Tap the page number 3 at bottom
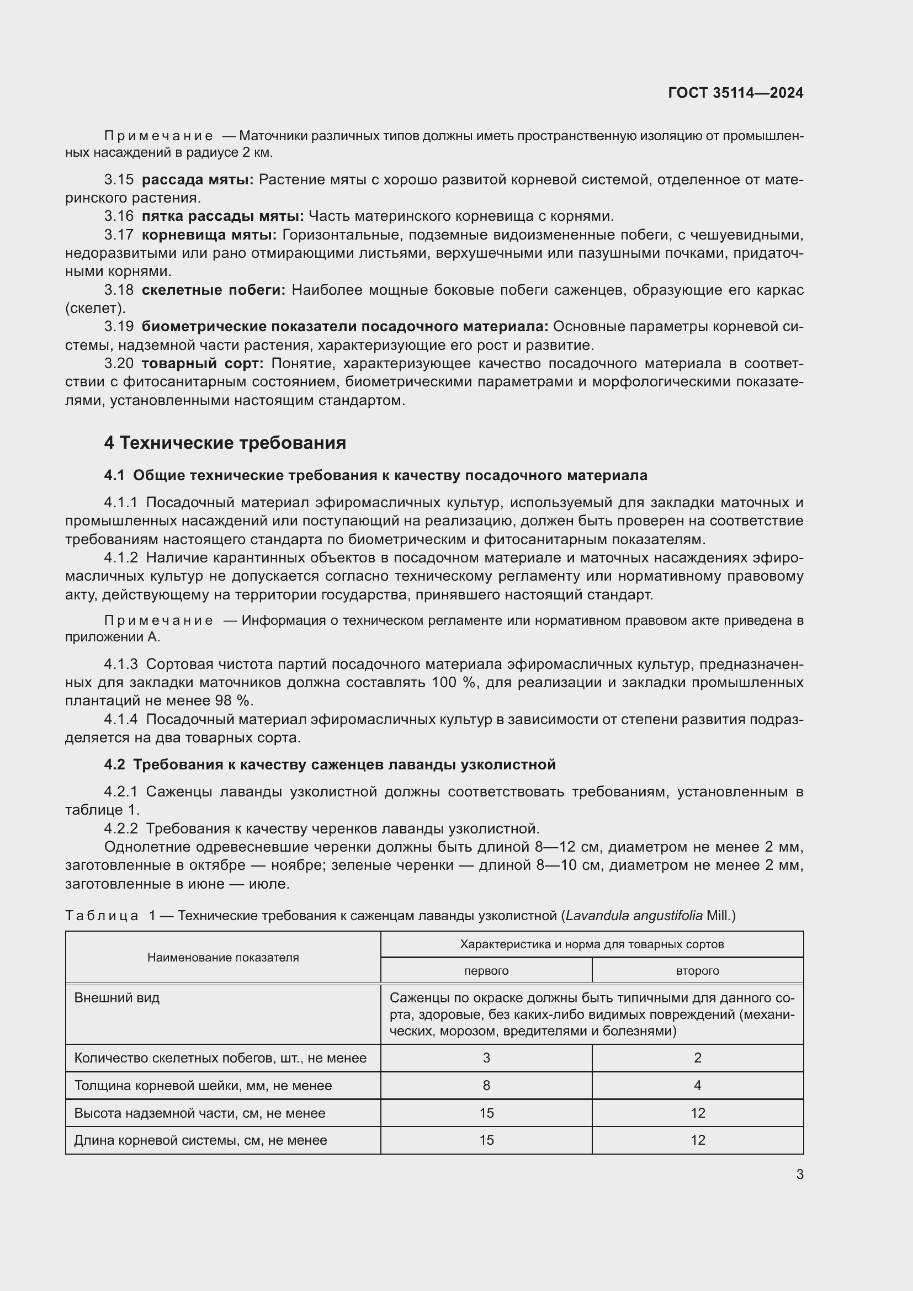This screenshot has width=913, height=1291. click(x=799, y=1175)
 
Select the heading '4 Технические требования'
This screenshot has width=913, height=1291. click(x=225, y=443)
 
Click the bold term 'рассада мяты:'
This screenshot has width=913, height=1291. click(x=197, y=180)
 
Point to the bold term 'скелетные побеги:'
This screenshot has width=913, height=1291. click(x=213, y=290)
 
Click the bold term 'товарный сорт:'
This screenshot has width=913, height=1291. click(x=203, y=364)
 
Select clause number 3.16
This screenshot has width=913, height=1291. click(x=119, y=216)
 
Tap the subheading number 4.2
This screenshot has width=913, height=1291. click(x=114, y=764)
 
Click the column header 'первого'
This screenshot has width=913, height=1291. click(x=486, y=971)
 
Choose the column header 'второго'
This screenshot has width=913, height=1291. click(x=697, y=971)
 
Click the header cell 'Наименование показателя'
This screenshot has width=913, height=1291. click(x=222, y=958)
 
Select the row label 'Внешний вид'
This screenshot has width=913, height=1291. click(x=117, y=998)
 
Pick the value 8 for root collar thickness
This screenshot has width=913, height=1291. click(x=486, y=1086)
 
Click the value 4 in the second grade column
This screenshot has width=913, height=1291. click(x=697, y=1086)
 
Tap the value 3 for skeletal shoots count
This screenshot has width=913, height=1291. click(x=486, y=1058)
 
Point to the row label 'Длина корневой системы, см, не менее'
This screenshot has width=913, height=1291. click(x=200, y=1140)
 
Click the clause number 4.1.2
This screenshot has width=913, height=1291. click(x=120, y=558)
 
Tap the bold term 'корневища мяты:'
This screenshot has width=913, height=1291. click(x=209, y=235)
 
